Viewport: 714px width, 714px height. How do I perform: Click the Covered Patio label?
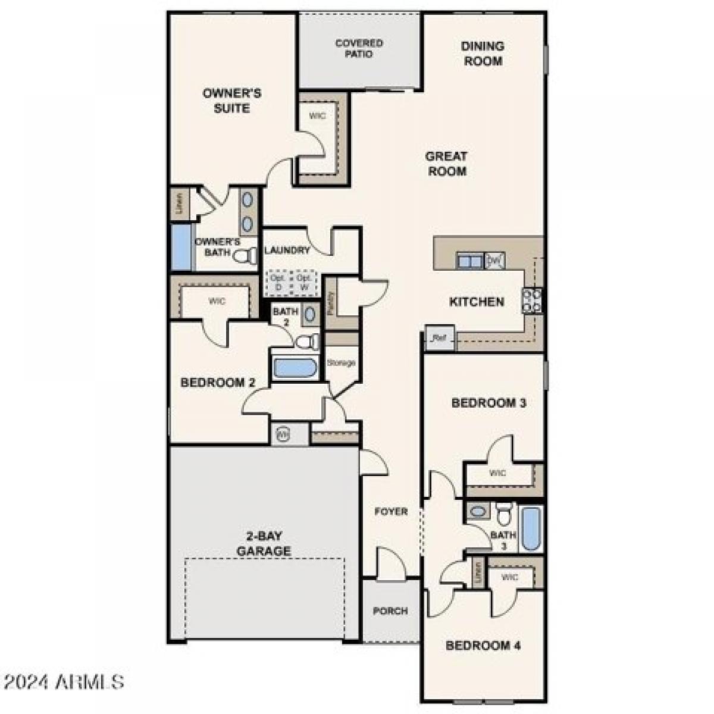coord(359,49)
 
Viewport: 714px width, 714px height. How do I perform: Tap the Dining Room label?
coord(483,53)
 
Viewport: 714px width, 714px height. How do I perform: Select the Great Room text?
coord(446,164)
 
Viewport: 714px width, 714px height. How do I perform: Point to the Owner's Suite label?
coord(231,101)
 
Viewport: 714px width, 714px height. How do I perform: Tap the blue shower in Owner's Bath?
coord(180,247)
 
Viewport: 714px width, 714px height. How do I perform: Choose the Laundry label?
coord(287,250)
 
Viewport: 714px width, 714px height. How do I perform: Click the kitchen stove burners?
coord(532,300)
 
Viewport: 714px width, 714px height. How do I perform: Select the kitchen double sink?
coord(469,260)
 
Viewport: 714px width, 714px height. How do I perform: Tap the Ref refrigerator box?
coord(439,338)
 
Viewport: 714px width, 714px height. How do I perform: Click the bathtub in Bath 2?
coord(295,367)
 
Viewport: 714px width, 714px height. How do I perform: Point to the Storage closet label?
coord(342,362)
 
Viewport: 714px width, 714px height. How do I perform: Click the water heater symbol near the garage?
coord(283,434)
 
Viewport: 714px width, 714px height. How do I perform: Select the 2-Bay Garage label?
coord(264,543)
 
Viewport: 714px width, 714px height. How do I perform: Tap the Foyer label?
coord(391,511)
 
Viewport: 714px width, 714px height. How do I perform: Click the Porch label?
coord(390,611)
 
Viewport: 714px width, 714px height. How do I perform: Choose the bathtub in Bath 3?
coord(530,528)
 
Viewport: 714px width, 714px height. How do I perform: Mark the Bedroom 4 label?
coord(483,646)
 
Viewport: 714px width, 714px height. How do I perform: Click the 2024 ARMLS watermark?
coord(62,681)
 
